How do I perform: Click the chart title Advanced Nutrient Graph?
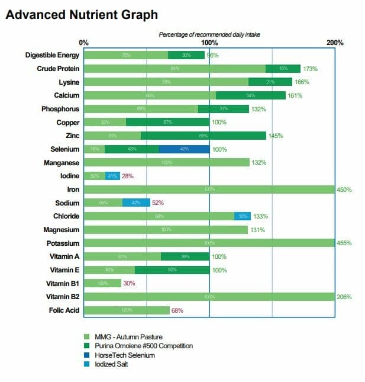(x=82, y=14)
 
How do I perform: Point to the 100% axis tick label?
(x=209, y=43)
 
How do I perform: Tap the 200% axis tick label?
(x=335, y=43)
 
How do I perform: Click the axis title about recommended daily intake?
(x=209, y=34)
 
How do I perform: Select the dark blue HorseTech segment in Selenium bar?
(x=184, y=149)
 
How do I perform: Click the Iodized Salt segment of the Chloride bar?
(x=243, y=216)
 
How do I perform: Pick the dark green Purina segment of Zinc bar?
(x=203, y=136)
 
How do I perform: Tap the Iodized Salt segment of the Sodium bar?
(x=135, y=203)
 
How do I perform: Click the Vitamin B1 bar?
(x=102, y=283)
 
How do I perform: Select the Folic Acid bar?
(x=127, y=310)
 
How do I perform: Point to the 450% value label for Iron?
(x=344, y=190)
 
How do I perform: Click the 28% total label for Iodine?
(x=128, y=176)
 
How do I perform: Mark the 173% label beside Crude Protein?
(x=310, y=69)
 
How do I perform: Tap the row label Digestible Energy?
(x=52, y=55)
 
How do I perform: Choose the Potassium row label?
(x=63, y=243)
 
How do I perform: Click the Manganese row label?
(x=62, y=162)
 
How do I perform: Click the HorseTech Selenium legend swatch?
(x=88, y=355)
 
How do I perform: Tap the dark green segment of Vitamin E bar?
(x=172, y=270)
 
